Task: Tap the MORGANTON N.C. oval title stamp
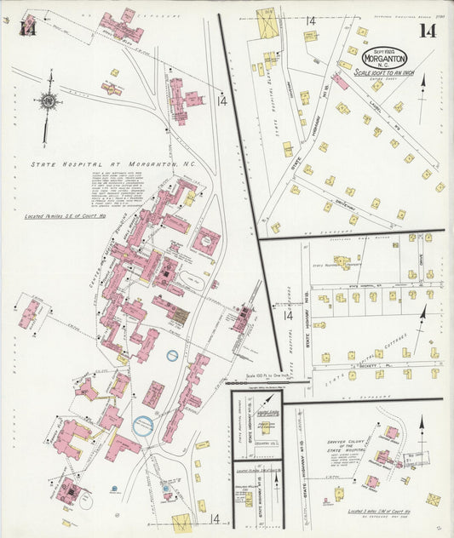[385, 58]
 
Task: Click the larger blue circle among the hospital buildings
[143, 426]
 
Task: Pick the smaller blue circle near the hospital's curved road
[172, 355]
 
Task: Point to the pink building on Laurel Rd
[340, 82]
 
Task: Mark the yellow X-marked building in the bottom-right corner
[434, 500]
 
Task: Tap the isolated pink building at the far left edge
[30, 312]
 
